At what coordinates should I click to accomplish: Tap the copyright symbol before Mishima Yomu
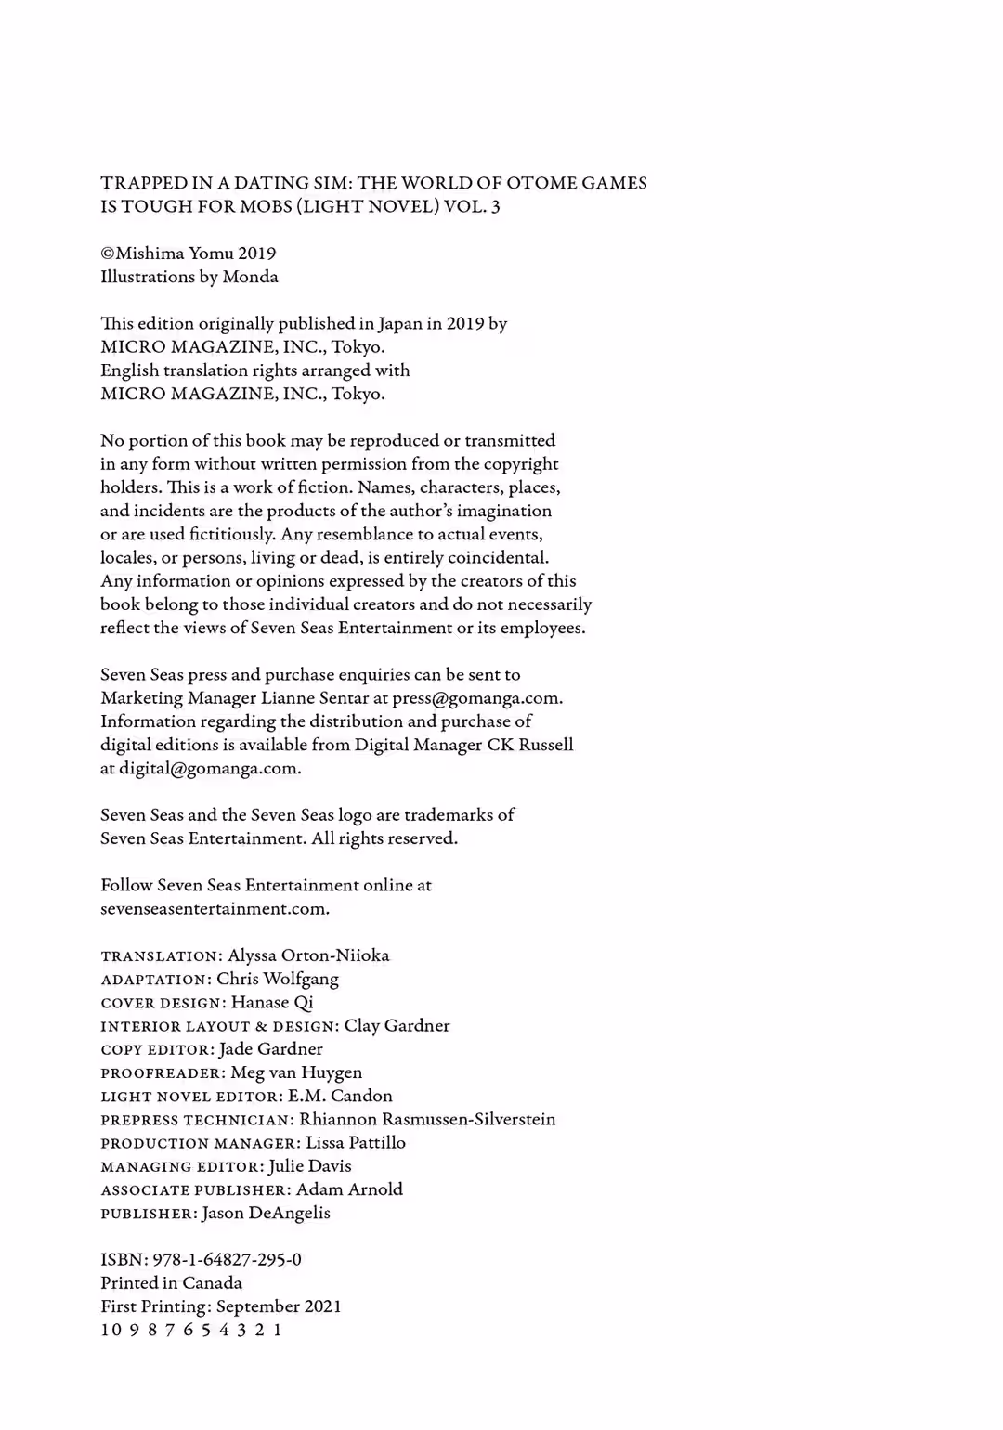click(108, 253)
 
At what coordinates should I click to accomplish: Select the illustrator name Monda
click(250, 277)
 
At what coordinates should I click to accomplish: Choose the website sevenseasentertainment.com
click(214, 909)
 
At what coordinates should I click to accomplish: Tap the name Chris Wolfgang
click(278, 979)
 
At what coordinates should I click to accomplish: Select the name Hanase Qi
click(272, 1002)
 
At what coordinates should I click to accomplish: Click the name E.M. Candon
click(340, 1096)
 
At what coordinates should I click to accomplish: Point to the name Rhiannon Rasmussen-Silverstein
click(427, 1119)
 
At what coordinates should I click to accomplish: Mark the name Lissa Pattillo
click(356, 1142)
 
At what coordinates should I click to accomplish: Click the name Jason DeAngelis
click(266, 1213)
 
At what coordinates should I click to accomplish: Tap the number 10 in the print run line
click(111, 1330)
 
